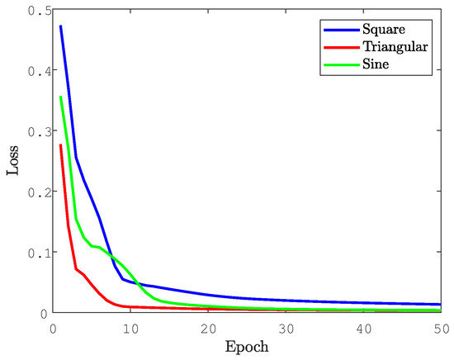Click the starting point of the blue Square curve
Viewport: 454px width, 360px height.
(x=60, y=26)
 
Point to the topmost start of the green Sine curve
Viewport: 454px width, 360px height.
(x=60, y=97)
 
